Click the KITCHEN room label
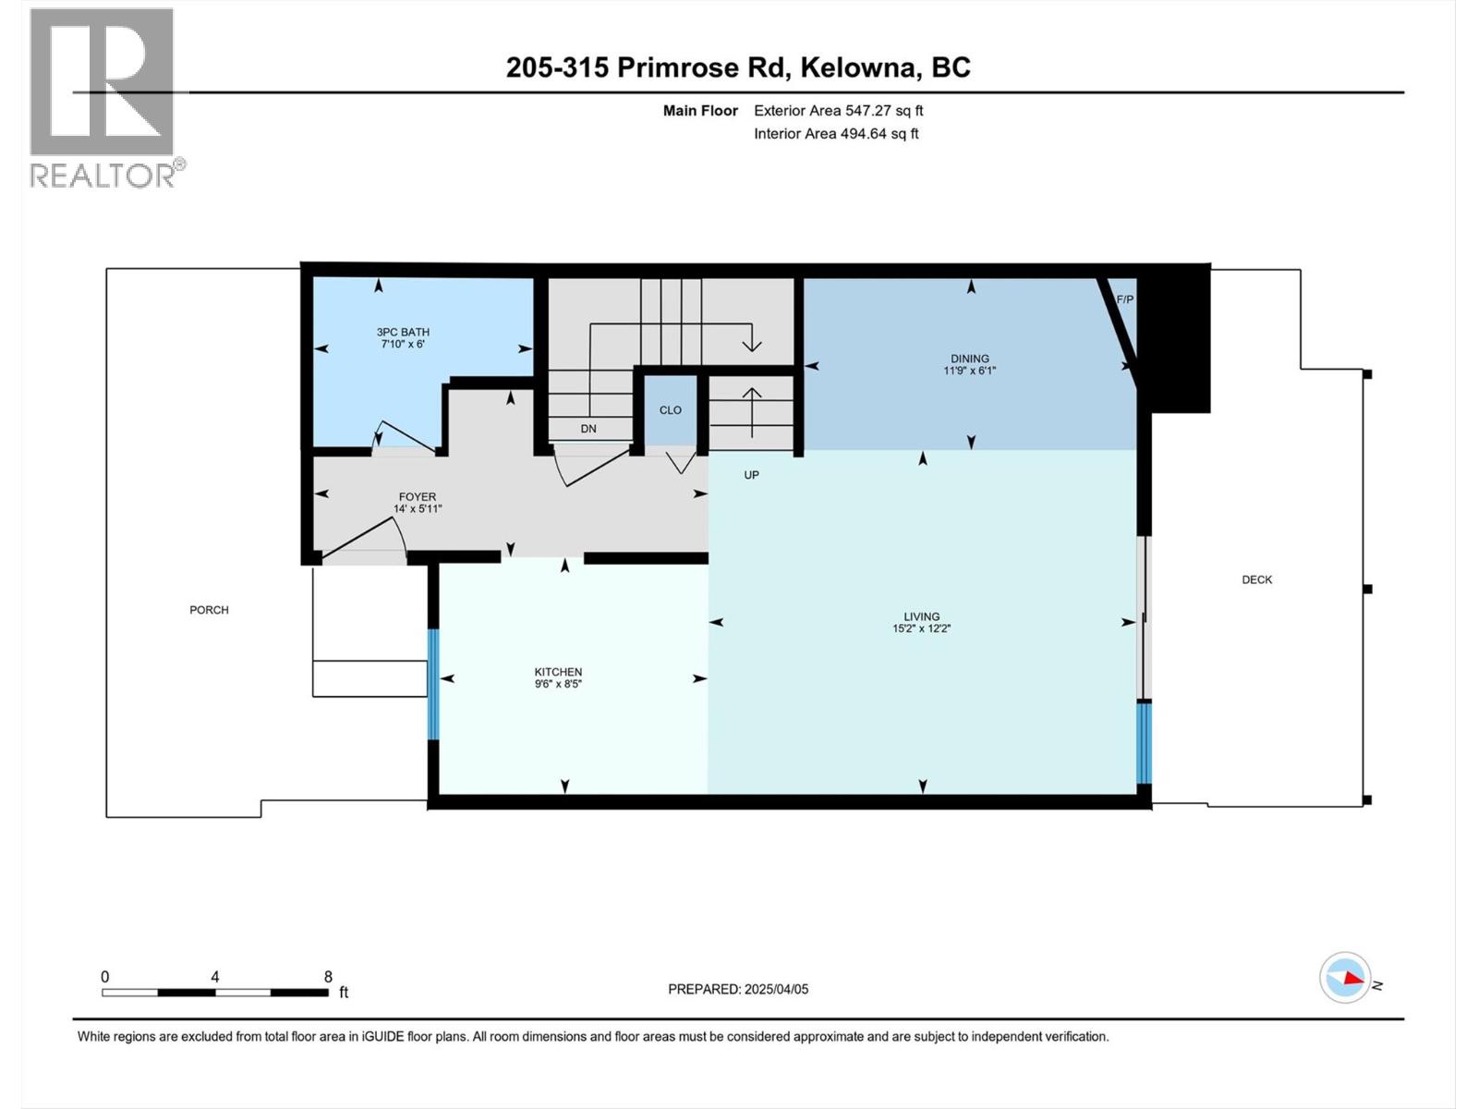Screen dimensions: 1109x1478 (x=558, y=672)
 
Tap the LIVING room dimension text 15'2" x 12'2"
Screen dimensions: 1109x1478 (x=921, y=628)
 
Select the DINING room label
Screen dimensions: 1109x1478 (x=970, y=359)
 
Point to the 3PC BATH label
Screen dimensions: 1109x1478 (x=403, y=332)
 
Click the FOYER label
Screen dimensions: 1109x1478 (x=418, y=496)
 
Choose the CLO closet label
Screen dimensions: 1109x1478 (x=670, y=410)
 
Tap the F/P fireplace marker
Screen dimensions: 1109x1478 (x=1124, y=299)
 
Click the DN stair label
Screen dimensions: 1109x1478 (x=588, y=429)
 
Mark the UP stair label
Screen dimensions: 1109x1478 (x=751, y=475)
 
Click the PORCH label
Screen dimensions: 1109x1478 (x=209, y=610)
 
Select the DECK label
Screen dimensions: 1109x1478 (x=1256, y=579)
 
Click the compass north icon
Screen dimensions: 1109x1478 (x=1345, y=978)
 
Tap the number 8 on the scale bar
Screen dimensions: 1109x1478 (x=328, y=977)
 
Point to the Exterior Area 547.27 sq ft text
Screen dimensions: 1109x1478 (x=838, y=111)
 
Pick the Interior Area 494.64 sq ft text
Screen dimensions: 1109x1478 (x=836, y=134)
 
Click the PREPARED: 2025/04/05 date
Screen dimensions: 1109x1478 (x=738, y=989)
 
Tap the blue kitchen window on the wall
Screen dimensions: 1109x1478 (x=433, y=684)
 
